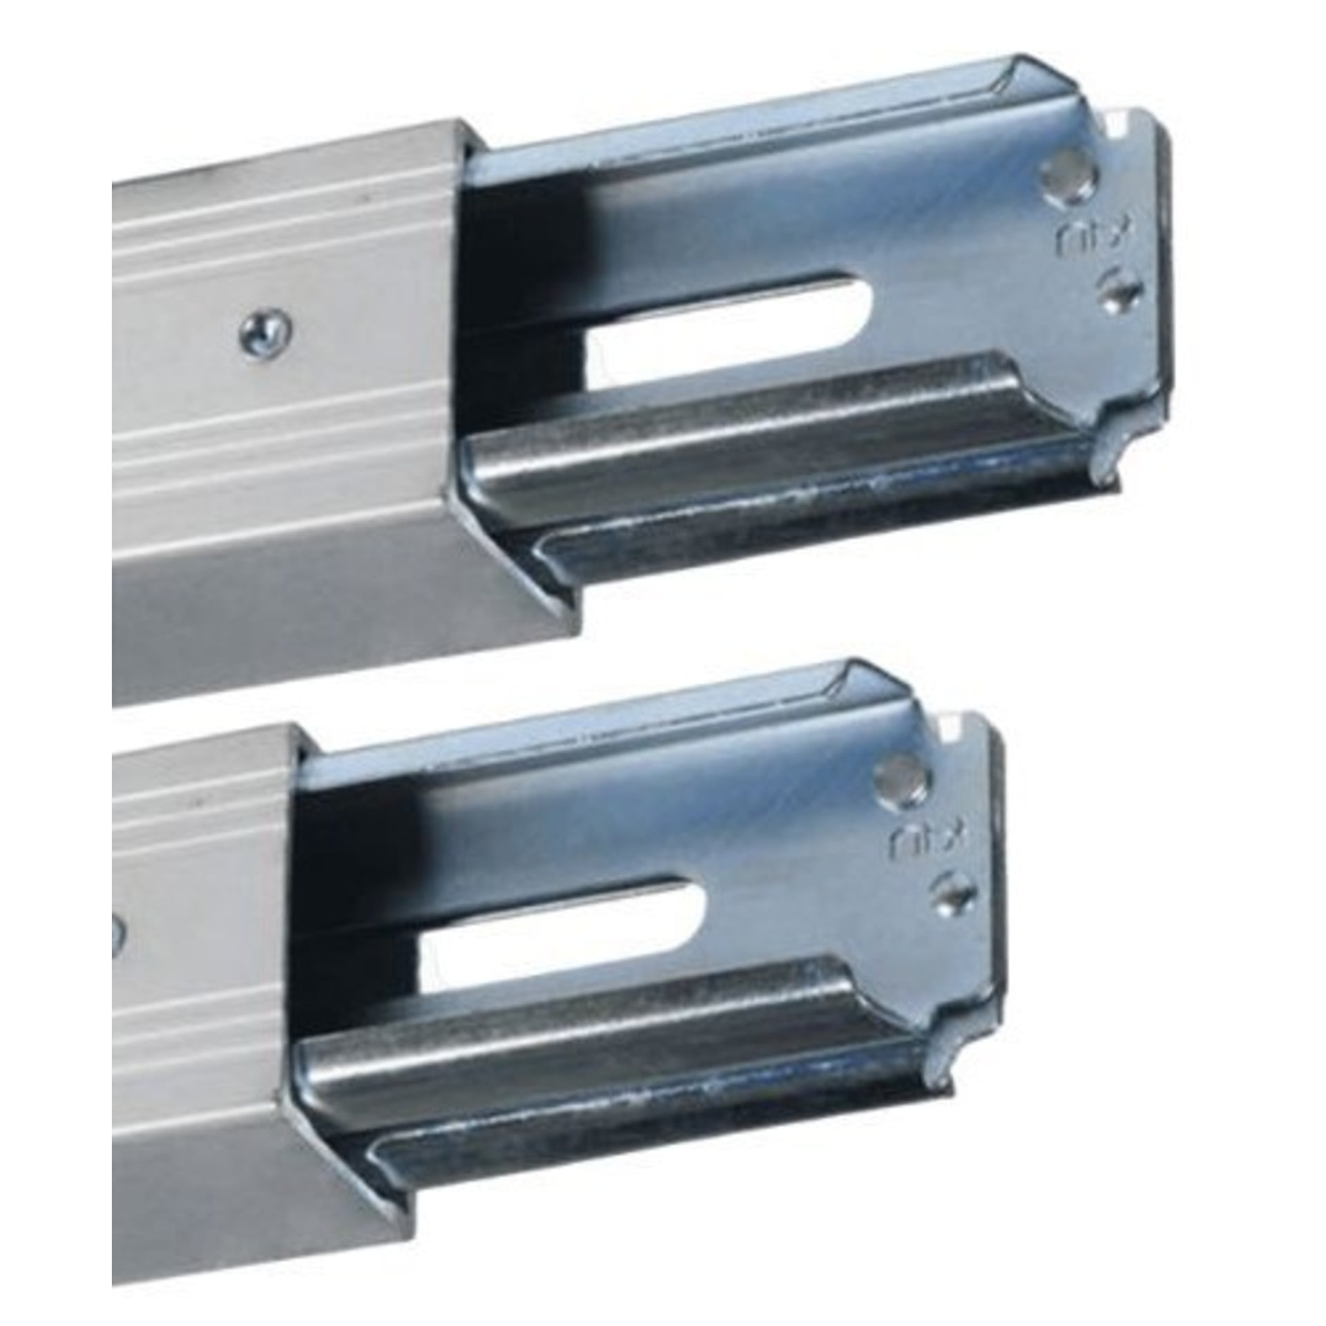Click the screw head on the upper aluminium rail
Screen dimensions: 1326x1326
click(x=265, y=323)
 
